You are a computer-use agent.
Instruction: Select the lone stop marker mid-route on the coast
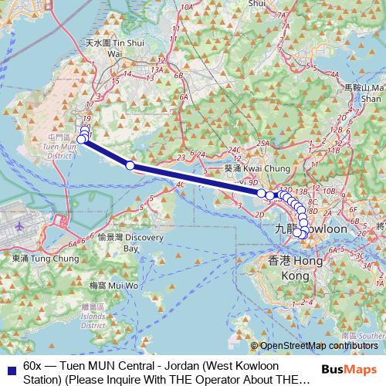pyautogui.click(x=130, y=165)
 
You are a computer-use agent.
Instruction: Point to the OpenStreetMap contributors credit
pyautogui.click(x=319, y=346)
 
